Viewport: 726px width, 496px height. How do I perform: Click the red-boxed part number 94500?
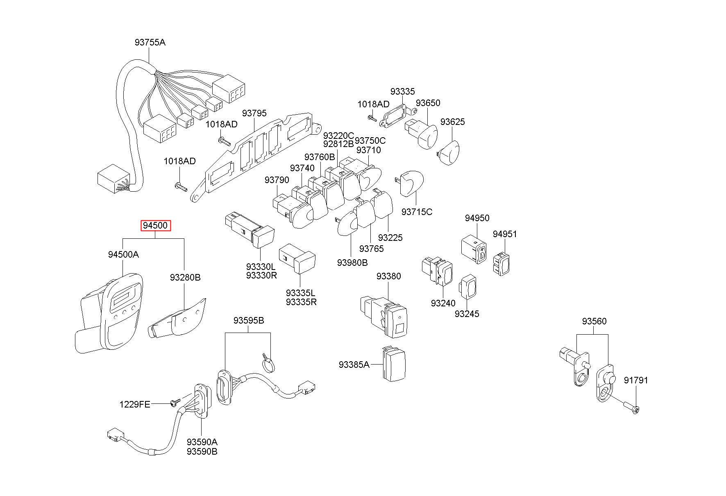click(x=155, y=226)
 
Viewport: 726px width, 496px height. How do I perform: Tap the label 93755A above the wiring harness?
click(x=150, y=42)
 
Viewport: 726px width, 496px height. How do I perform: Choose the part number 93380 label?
click(x=389, y=276)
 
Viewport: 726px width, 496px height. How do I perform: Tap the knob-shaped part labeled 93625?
click(x=449, y=152)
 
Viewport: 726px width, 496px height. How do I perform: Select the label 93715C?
click(x=417, y=212)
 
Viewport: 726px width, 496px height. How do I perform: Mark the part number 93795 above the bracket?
click(x=254, y=113)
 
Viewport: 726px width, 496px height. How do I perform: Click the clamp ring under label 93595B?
click(x=268, y=364)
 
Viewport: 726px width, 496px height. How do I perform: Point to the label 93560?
click(x=594, y=322)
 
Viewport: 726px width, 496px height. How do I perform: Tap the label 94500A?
click(x=123, y=254)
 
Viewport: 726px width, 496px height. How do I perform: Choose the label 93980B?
click(x=352, y=263)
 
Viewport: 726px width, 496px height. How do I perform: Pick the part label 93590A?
click(x=202, y=442)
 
